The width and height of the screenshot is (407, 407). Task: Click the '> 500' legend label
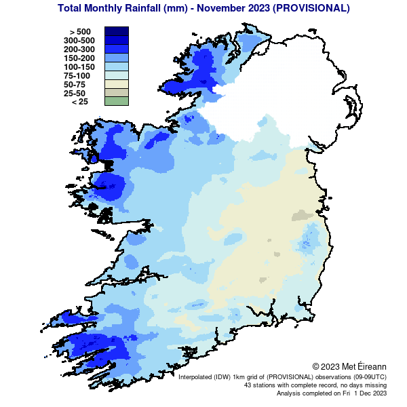pyautogui.click(x=79, y=31)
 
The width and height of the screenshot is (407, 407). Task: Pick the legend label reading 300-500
pyautogui.click(x=78, y=40)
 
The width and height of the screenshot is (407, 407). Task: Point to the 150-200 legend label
pyautogui.click(x=78, y=58)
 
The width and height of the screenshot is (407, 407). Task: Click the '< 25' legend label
pyautogui.click(x=79, y=102)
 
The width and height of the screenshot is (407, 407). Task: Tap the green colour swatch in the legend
pyautogui.click(x=116, y=102)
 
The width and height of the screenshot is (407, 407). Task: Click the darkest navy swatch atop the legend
pyautogui.click(x=116, y=31)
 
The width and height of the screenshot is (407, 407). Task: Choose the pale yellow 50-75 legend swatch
pyautogui.click(x=116, y=84)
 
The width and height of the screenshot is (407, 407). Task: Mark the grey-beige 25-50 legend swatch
pyautogui.click(x=116, y=93)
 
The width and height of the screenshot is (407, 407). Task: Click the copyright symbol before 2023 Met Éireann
pyautogui.click(x=315, y=366)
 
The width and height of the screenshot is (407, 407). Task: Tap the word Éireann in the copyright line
pyautogui.click(x=370, y=366)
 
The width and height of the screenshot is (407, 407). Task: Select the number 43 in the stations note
pyautogui.click(x=248, y=385)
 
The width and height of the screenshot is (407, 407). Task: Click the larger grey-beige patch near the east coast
pyautogui.click(x=299, y=216)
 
